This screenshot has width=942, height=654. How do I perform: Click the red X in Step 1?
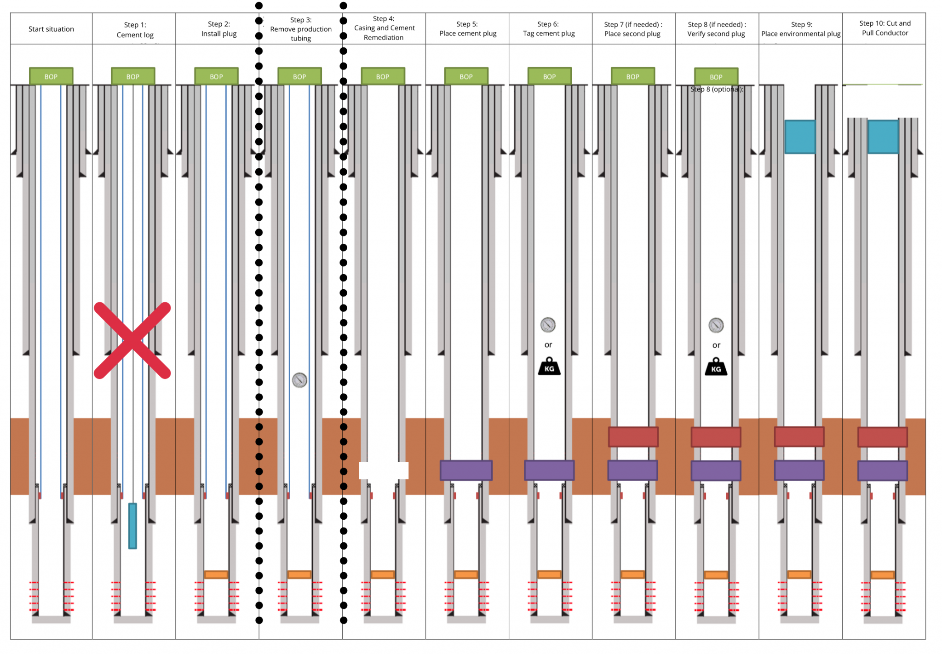coord(132,340)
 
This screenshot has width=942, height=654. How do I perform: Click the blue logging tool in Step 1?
coord(132,526)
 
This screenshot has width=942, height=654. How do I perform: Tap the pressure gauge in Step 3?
coord(299,380)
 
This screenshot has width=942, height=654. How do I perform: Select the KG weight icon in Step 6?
coord(549,367)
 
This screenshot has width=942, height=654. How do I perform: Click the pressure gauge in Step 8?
coord(716,326)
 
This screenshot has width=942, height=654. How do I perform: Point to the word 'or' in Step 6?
coord(548,345)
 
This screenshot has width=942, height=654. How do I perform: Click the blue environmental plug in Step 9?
coord(800,137)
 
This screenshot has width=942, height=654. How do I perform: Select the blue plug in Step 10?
coord(883,137)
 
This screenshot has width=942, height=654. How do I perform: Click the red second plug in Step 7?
coord(633,437)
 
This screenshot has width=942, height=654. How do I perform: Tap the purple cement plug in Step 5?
coord(466,470)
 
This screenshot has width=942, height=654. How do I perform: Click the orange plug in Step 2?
coord(216,574)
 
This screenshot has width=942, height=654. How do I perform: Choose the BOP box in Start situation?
coord(51,76)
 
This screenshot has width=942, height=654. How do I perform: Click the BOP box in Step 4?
coord(383,76)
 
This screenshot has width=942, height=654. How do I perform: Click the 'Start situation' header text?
coord(51,29)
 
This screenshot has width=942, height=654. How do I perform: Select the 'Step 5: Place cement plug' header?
coord(468,29)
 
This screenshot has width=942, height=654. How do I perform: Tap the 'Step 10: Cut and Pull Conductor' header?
coord(885,28)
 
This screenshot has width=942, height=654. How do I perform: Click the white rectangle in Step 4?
coord(384,470)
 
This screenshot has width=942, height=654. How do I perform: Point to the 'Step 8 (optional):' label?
coord(717,89)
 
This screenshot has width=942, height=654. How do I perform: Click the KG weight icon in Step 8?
coord(716,367)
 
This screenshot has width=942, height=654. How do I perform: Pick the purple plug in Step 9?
coord(799,470)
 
